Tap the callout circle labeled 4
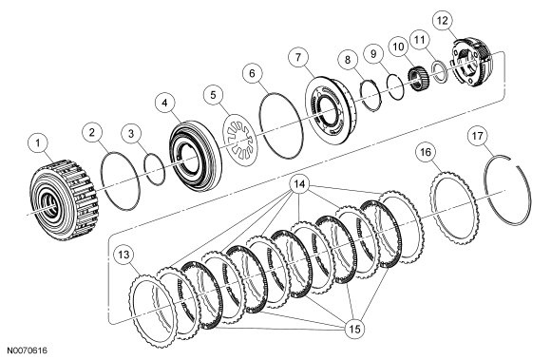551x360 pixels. click(165, 104)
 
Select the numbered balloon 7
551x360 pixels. click(298, 57)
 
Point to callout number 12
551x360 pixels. click(443, 21)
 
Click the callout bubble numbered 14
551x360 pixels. click(299, 184)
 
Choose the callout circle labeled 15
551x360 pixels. click(355, 329)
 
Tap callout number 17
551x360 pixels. click(478, 136)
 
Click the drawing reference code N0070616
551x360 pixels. click(28, 351)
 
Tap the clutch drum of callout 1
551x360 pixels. click(65, 199)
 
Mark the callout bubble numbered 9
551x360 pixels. click(373, 54)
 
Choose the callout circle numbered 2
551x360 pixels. click(92, 132)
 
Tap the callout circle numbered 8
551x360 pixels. click(348, 59)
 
